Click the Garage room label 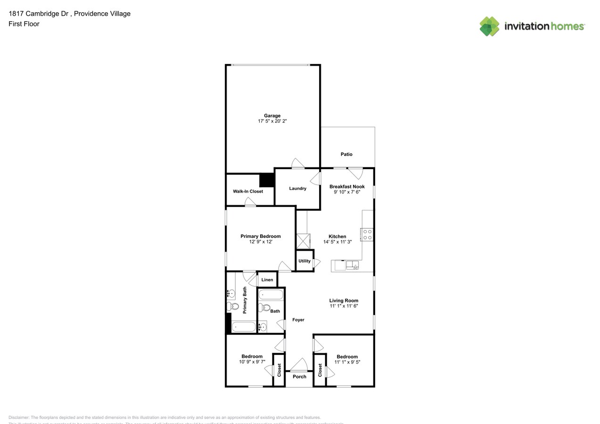click(272, 115)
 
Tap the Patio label click(346, 154)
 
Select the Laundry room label click(297, 188)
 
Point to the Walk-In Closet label click(248, 191)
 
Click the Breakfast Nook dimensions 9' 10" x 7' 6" click(347, 192)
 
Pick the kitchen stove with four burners click(367, 235)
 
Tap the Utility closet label click(304, 261)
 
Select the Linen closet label click(267, 280)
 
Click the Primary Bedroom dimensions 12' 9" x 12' click(261, 242)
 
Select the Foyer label click(298, 320)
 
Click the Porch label click(299, 376)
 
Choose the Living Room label click(344, 301)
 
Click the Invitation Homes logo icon click(489, 26)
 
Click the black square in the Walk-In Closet click(267, 181)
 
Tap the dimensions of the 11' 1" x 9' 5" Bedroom click(347, 362)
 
